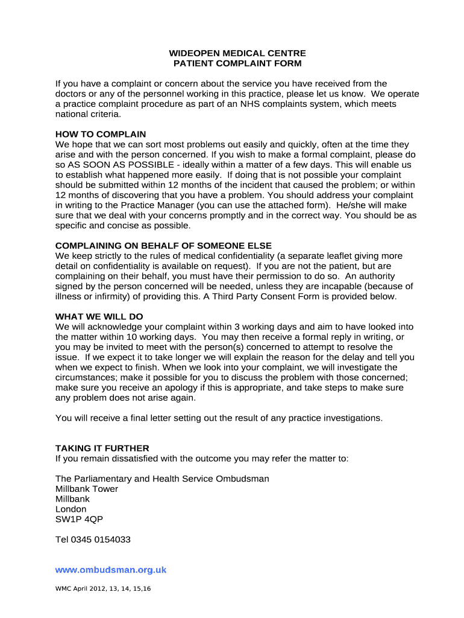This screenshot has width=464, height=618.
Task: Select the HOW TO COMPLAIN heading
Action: [101, 134]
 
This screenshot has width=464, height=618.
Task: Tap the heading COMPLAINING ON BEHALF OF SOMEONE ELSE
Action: [163, 246]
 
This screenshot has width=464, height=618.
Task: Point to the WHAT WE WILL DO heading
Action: [99, 317]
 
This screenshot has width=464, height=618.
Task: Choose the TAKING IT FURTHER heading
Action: [102, 448]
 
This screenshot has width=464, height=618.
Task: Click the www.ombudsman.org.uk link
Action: [111, 570]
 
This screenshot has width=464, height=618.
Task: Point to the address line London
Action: [71, 509]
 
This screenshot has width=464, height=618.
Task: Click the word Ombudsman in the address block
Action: [241, 479]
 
